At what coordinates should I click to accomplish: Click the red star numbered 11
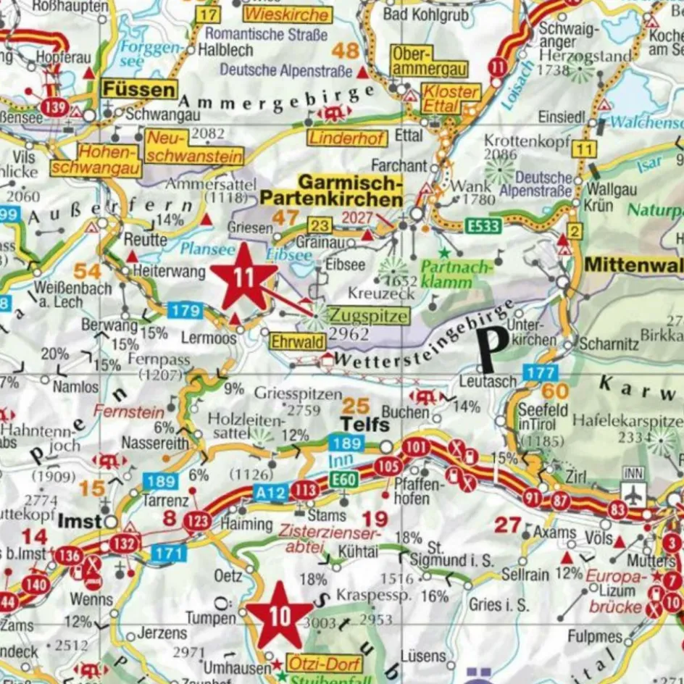(243, 278)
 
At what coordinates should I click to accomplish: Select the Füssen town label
(140, 89)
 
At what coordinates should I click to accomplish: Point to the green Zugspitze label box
(368, 316)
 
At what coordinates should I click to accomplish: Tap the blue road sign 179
(185, 311)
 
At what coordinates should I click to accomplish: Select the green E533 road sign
(483, 226)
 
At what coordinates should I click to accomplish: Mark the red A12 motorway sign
(272, 492)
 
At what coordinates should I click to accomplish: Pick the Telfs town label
(366, 424)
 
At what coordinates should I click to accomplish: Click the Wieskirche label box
(287, 14)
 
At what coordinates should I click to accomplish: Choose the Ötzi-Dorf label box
(314, 663)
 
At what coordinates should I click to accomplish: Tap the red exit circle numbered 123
(197, 521)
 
